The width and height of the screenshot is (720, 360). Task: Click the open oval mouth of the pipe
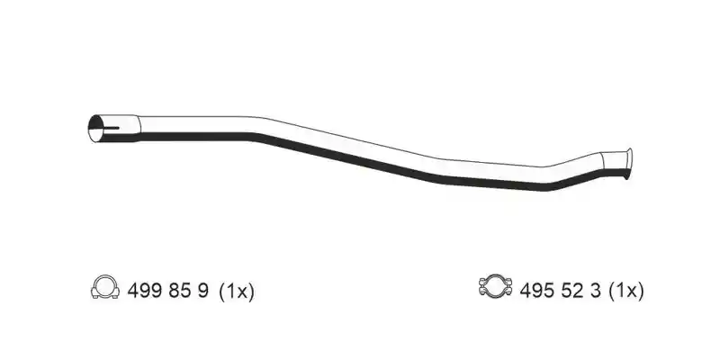(95, 128)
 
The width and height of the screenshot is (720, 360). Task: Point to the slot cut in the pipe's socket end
(110, 128)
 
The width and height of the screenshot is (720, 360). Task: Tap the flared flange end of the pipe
(628, 164)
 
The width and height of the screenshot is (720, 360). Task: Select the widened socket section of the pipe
(115, 128)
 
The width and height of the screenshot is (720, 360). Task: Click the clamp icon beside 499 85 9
(105, 287)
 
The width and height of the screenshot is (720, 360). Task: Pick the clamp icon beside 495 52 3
(495, 287)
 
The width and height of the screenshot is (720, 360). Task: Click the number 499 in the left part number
(144, 291)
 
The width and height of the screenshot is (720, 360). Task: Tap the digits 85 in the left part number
(179, 291)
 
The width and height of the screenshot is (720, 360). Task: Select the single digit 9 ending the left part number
(203, 291)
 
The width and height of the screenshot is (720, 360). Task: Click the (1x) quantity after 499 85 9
(237, 291)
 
